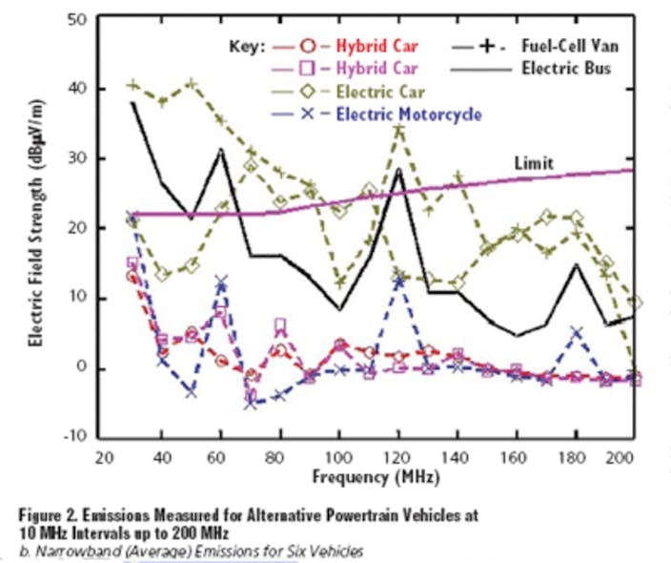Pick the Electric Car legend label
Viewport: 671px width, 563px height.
[x=380, y=92]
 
